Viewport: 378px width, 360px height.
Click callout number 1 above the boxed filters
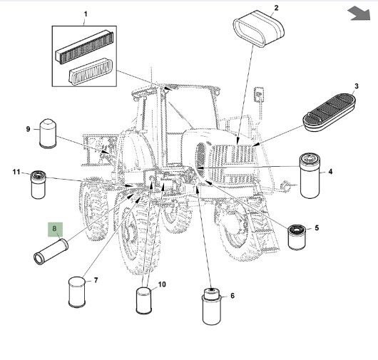pos(86,14)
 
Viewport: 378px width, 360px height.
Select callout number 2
pos(276,8)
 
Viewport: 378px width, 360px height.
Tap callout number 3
pos(357,86)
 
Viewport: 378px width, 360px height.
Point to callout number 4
pos(330,172)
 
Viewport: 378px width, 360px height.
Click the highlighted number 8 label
pos(55,230)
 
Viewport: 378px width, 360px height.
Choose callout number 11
pos(16,172)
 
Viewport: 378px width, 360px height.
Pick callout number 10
pos(162,284)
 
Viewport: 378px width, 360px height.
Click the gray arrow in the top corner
pos(359,14)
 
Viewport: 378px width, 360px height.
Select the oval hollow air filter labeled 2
pos(259,29)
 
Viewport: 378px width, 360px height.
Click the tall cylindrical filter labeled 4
pos(310,176)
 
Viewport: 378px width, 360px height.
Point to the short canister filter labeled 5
pos(297,237)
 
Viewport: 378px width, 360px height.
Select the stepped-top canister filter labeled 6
pos(211,307)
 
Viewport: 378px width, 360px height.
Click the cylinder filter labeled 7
pos(77,292)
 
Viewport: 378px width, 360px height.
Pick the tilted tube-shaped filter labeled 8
pos(51,252)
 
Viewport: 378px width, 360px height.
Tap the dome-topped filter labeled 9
pos(48,133)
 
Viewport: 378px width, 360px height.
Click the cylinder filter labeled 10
pos(143,301)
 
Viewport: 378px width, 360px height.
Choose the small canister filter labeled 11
pos(38,185)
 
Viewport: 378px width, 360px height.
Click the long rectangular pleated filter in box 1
pos(84,47)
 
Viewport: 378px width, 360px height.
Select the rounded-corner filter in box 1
pos(91,71)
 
